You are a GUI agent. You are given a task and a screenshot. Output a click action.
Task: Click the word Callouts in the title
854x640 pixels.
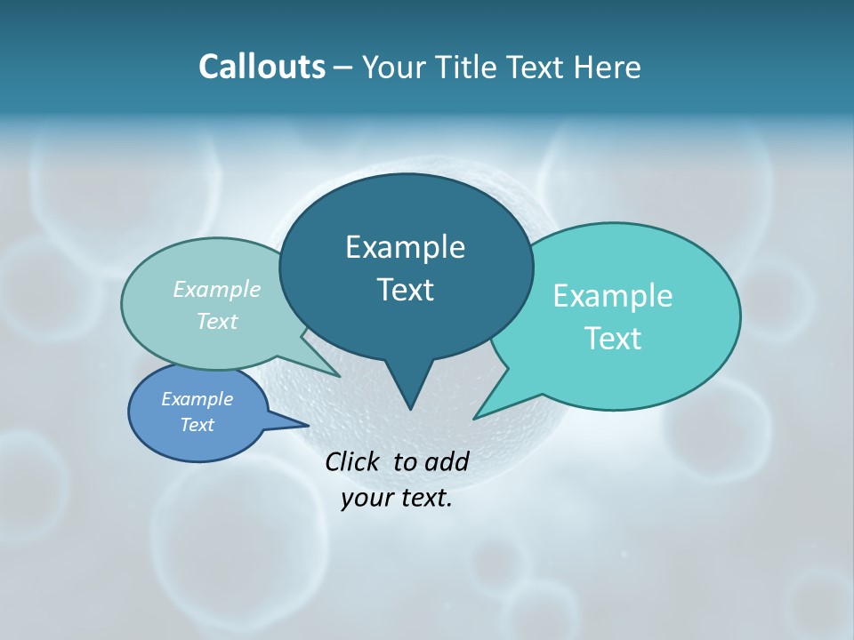pyautogui.click(x=262, y=67)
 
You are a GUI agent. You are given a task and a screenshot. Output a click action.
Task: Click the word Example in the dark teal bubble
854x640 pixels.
pyautogui.click(x=405, y=247)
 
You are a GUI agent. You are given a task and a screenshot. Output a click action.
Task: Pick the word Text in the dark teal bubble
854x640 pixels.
pyautogui.click(x=405, y=290)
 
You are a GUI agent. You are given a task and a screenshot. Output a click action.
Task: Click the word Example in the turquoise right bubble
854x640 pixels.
pyautogui.click(x=613, y=296)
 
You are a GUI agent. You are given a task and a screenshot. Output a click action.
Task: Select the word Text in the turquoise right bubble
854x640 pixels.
pyautogui.click(x=613, y=339)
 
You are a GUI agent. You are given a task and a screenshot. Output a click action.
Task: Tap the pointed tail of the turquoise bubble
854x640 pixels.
pyautogui.click(x=479, y=415)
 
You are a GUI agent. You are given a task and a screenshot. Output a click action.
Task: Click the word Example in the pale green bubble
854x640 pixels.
pyautogui.click(x=217, y=289)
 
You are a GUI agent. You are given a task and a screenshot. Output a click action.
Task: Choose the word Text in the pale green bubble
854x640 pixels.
pyautogui.click(x=217, y=321)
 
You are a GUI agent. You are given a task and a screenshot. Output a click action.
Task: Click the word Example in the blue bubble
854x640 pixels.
pyautogui.click(x=197, y=399)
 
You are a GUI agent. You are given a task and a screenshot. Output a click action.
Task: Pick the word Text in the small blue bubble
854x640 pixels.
pyautogui.click(x=197, y=425)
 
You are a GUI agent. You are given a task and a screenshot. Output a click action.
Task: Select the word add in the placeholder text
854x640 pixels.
pyautogui.click(x=447, y=461)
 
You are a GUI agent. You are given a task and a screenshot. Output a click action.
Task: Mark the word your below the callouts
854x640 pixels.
pyautogui.click(x=367, y=499)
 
